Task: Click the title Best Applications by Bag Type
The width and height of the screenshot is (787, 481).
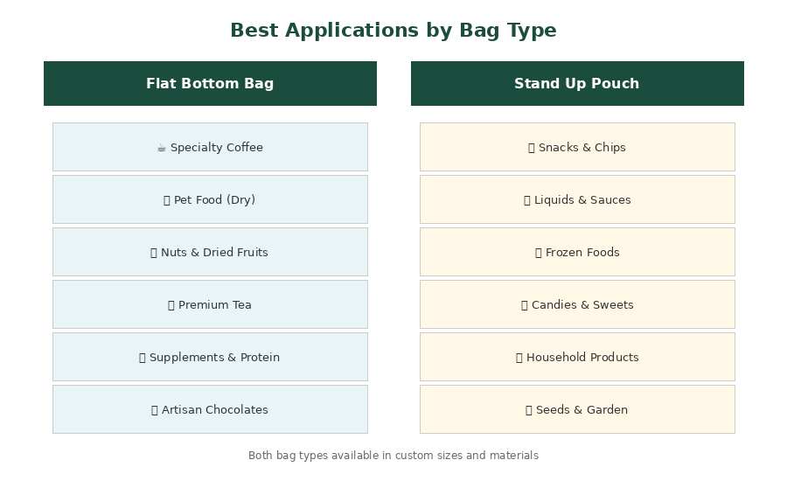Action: point(393,30)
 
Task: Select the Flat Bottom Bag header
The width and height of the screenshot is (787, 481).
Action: point(210,83)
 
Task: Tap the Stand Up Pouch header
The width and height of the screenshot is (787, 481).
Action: point(577,83)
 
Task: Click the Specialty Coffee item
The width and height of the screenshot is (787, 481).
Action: point(210,147)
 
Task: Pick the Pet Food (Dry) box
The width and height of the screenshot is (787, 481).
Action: point(210,199)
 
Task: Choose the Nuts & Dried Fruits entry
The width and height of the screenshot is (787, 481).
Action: point(210,252)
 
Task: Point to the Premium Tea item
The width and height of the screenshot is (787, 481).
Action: point(210,304)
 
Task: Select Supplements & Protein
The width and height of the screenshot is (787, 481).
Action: point(210,357)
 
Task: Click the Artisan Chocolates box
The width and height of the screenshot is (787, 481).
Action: point(210,409)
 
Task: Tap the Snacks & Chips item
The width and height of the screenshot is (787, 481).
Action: point(577,147)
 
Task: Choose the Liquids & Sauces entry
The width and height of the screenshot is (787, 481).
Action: point(577,199)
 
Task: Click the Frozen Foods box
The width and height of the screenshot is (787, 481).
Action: point(577,252)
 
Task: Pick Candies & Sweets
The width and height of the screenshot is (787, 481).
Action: point(577,304)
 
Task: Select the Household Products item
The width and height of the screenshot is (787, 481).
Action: point(577,357)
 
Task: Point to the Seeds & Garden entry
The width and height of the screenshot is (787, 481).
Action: point(577,409)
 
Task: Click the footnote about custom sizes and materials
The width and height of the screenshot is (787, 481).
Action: point(393,456)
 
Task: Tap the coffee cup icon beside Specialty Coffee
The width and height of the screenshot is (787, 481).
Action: point(162,148)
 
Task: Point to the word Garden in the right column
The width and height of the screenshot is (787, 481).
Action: point(608,409)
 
